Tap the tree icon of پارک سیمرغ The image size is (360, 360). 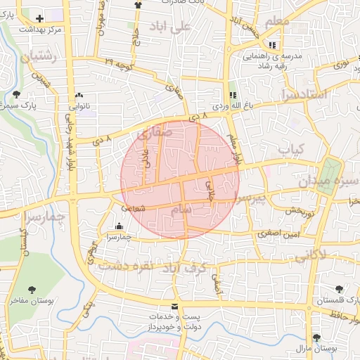point(15,94)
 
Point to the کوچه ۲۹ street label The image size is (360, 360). point(118,63)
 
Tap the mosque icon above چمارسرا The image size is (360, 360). point(117,226)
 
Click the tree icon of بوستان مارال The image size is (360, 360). point(316,337)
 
